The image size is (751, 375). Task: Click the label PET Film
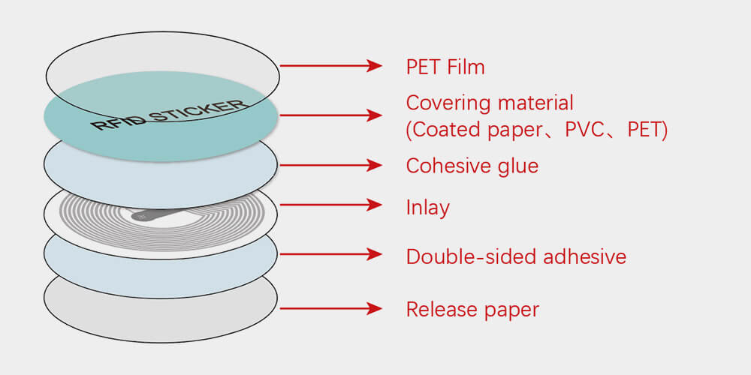click(x=445, y=67)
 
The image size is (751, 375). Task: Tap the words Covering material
click(x=490, y=103)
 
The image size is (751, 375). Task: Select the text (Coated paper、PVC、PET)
click(x=537, y=130)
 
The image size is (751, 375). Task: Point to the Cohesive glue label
click(x=472, y=165)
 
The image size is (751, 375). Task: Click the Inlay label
click(x=427, y=207)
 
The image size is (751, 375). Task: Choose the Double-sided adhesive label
click(x=516, y=256)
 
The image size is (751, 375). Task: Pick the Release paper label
click(x=472, y=308)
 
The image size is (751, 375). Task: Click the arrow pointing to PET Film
click(x=331, y=66)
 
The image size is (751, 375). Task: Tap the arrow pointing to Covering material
click(x=331, y=115)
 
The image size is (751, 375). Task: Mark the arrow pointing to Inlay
click(x=331, y=205)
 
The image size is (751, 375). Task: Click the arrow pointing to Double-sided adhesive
click(x=331, y=255)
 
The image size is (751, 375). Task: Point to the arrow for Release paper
click(x=331, y=308)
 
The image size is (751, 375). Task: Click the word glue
click(x=518, y=166)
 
